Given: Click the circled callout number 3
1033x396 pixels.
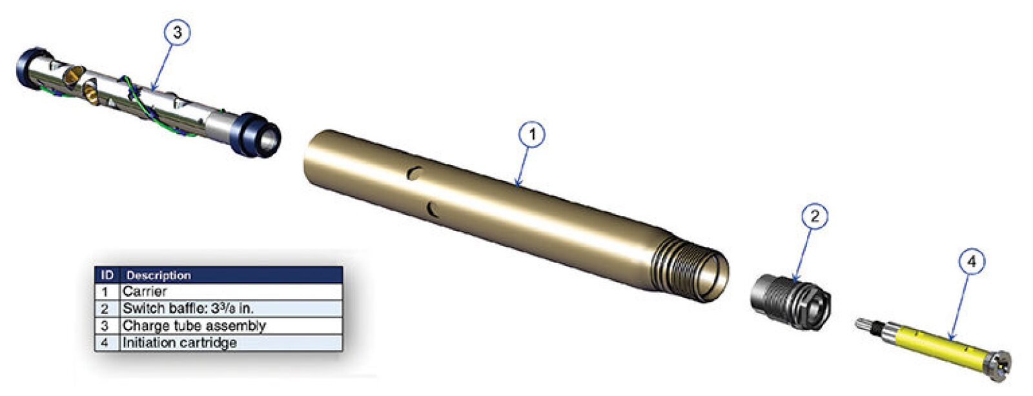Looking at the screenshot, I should click(177, 32).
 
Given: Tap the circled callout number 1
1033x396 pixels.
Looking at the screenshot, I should click(532, 135).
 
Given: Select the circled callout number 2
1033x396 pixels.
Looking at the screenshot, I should click(814, 216).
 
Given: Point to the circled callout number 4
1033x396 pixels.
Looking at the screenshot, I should click(971, 262).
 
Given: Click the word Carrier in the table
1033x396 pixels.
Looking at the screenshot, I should click(145, 292).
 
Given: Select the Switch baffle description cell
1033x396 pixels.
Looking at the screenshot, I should click(188, 308).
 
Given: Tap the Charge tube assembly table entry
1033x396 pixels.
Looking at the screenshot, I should click(194, 326).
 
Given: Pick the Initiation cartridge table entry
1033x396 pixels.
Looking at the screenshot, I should click(179, 342).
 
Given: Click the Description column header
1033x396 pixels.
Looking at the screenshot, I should click(158, 275).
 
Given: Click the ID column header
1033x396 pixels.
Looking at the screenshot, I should click(107, 275).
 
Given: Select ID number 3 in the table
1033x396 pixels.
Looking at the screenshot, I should click(105, 326).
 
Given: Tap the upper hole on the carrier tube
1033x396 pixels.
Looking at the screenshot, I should click(415, 173).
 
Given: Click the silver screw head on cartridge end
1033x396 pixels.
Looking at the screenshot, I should click(999, 364).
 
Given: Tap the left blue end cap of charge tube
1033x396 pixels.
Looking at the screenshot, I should click(30, 68).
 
